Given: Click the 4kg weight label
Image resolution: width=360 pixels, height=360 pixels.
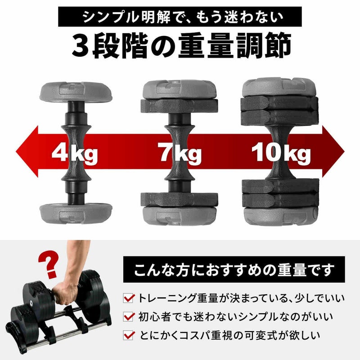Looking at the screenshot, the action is click(75, 153).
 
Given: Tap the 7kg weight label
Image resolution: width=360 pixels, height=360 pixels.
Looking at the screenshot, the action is click(181, 153).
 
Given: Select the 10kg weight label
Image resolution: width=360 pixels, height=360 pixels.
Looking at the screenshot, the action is click(281, 153).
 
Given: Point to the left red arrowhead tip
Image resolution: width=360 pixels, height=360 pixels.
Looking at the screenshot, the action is click(16, 152).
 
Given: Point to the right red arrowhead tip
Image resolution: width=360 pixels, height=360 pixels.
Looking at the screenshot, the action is click(344, 152).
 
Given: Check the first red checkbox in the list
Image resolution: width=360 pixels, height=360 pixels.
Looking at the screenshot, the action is click(128, 298).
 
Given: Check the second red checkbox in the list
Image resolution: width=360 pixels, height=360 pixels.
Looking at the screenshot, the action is click(128, 317).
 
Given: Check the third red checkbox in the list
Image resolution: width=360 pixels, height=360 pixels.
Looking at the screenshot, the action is click(128, 335).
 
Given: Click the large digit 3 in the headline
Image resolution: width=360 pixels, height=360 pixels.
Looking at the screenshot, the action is click(80, 45).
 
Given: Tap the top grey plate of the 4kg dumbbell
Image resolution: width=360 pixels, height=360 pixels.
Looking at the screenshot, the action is click(76, 92).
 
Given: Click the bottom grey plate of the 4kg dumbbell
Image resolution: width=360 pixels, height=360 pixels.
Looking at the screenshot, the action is click(76, 214).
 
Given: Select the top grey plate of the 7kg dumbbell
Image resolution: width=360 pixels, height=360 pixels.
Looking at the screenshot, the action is click(179, 89).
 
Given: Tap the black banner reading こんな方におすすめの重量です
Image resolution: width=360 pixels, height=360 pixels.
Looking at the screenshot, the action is click(234, 269).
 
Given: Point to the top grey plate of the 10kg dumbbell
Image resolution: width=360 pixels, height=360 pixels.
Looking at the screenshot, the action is click(279, 87).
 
